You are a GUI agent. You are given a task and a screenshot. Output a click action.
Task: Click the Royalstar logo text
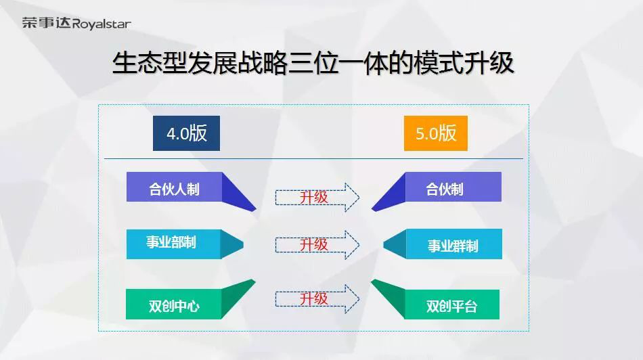102,24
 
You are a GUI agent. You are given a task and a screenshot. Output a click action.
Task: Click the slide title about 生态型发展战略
313,64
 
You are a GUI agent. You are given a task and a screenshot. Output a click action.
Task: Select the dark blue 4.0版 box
186,133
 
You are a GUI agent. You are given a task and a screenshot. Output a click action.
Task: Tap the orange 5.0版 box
435,133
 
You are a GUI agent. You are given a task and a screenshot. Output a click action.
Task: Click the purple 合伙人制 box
174,187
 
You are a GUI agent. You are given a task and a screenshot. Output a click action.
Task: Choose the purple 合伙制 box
453,187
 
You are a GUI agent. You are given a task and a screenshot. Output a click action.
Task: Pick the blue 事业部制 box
173,244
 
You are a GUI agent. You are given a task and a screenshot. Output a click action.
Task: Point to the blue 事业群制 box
454,244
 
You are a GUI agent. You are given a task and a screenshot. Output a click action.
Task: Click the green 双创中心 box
173,305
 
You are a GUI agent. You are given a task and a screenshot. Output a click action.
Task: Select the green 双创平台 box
452,305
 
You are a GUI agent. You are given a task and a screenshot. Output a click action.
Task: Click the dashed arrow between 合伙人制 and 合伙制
317,197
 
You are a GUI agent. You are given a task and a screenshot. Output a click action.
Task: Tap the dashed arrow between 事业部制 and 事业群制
317,245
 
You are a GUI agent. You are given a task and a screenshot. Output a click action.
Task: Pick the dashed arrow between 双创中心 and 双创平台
317,299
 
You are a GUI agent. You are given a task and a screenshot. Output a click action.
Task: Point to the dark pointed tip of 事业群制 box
395,244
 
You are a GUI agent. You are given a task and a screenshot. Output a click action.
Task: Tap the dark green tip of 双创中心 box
237,298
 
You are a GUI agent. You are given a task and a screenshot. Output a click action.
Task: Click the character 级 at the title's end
502,64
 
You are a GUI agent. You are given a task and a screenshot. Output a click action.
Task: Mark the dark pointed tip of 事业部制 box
232,244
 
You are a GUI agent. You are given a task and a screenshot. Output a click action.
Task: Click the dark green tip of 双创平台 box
389,298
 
